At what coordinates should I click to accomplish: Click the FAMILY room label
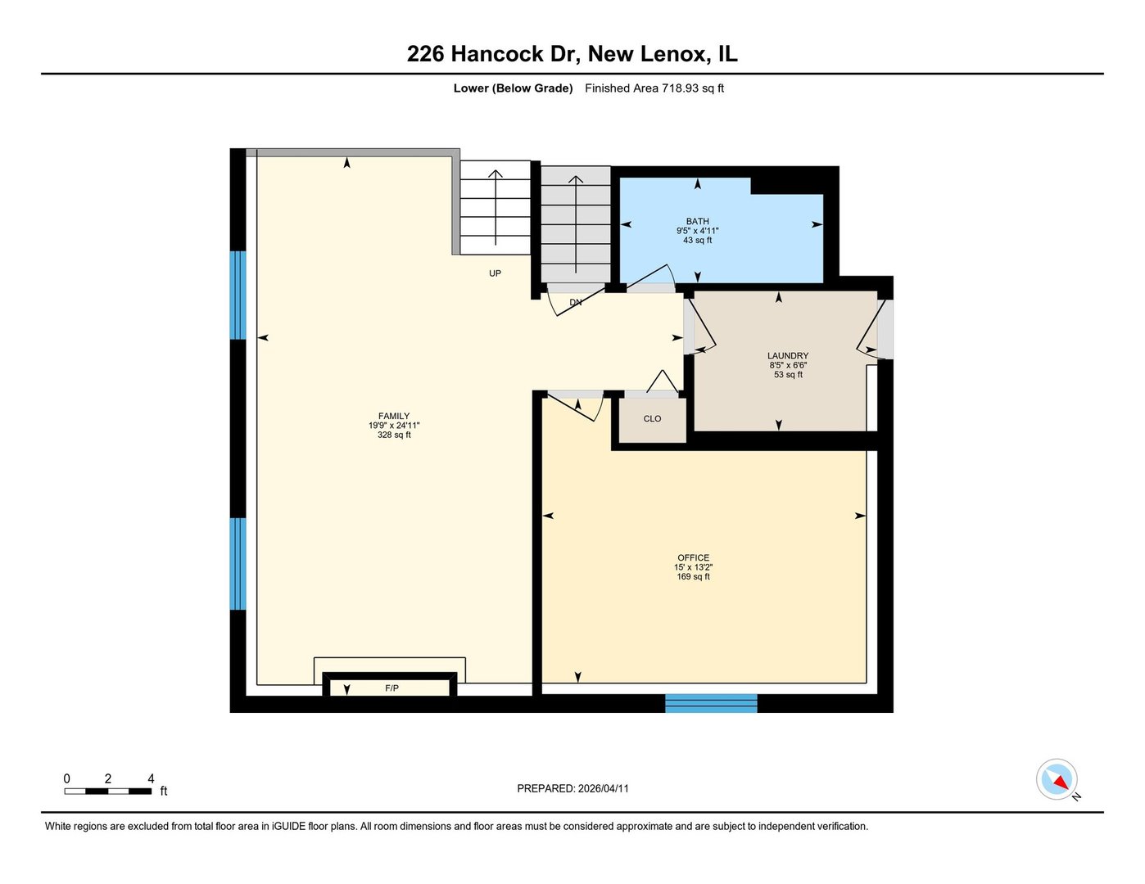point(394,416)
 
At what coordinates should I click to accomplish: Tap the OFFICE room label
point(693,557)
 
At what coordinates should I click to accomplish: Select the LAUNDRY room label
point(788,356)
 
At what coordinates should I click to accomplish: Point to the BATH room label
point(698,221)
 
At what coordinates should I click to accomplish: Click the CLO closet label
point(652,419)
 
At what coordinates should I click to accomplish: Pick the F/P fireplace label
point(391,688)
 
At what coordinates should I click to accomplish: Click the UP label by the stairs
point(495,273)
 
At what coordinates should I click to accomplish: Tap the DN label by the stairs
point(576,302)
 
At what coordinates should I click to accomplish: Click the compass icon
point(1057,778)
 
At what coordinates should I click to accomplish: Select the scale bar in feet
point(108,791)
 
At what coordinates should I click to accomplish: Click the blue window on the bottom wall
point(711,703)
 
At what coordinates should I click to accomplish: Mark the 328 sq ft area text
point(394,435)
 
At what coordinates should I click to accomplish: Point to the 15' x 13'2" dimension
point(693,567)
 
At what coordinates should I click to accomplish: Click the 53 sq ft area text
point(788,375)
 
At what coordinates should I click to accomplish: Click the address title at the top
point(572,54)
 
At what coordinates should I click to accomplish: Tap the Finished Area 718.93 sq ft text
point(654,88)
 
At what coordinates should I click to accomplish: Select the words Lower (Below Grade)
point(513,88)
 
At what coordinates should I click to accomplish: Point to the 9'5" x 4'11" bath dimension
point(698,231)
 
